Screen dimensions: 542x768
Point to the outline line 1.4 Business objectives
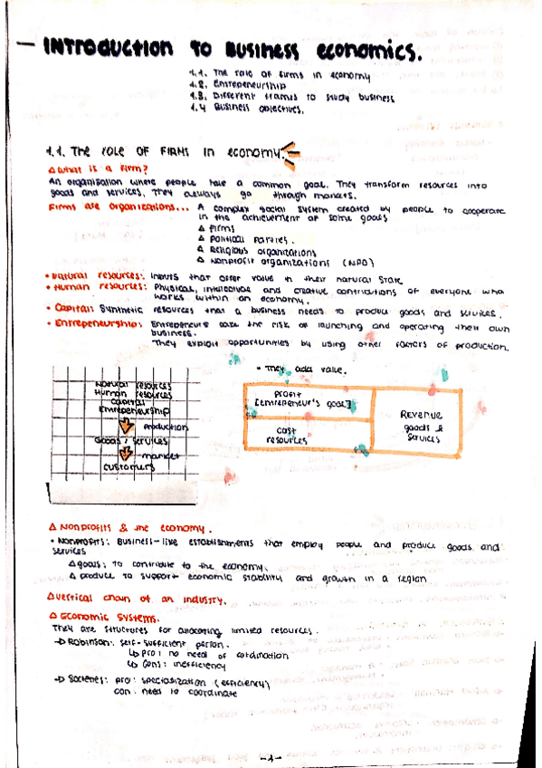[246, 109]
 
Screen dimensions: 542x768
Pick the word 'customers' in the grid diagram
[125, 466]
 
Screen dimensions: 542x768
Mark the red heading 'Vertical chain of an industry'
[134, 599]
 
